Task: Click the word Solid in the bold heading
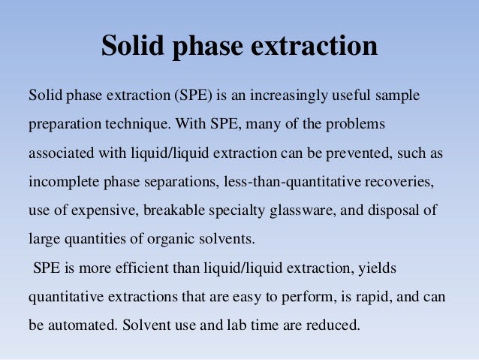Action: click(x=137, y=47)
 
